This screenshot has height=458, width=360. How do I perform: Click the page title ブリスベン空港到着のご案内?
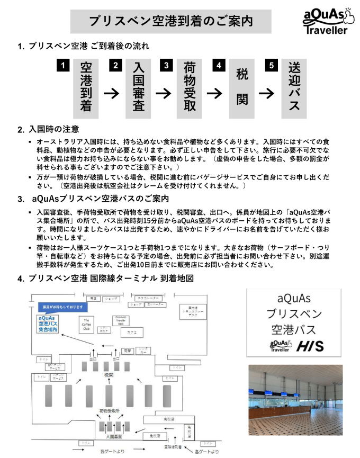170,21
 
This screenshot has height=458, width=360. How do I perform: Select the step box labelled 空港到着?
86,87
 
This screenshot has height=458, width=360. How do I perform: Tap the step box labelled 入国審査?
138,87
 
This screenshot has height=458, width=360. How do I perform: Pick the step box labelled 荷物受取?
190,87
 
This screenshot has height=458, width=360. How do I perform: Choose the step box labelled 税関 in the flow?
242,87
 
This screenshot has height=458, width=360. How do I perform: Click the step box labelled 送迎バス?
294,87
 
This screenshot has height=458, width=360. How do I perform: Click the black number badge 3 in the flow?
167,66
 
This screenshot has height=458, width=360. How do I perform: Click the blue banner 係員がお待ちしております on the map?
61,307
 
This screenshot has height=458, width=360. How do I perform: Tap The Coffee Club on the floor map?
86,324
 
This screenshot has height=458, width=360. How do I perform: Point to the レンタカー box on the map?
143,351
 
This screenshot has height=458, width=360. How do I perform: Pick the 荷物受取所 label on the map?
109,411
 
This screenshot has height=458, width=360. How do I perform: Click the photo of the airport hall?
295,399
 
